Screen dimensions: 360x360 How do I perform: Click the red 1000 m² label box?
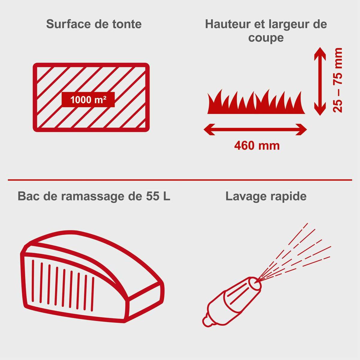click(x=88, y=100)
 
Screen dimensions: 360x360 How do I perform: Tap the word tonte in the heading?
click(x=127, y=24)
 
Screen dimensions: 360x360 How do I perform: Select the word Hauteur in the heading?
click(x=228, y=24)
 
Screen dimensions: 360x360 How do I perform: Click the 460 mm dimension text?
click(x=257, y=146)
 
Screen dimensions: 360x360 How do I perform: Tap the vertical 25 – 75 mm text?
click(x=338, y=80)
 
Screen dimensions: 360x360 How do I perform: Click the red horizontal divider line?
click(x=180, y=180)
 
